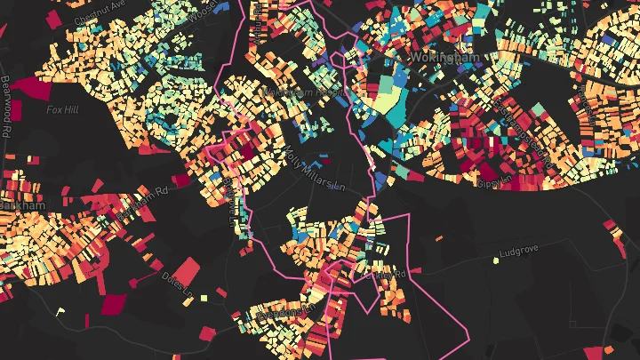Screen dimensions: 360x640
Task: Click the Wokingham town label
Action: (444, 57)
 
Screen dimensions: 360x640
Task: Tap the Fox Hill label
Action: (63, 109)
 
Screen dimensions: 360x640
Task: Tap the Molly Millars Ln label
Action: (314, 168)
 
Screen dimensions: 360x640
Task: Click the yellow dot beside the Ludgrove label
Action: (495, 260)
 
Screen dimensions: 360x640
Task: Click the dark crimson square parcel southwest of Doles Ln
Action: (114, 304)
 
